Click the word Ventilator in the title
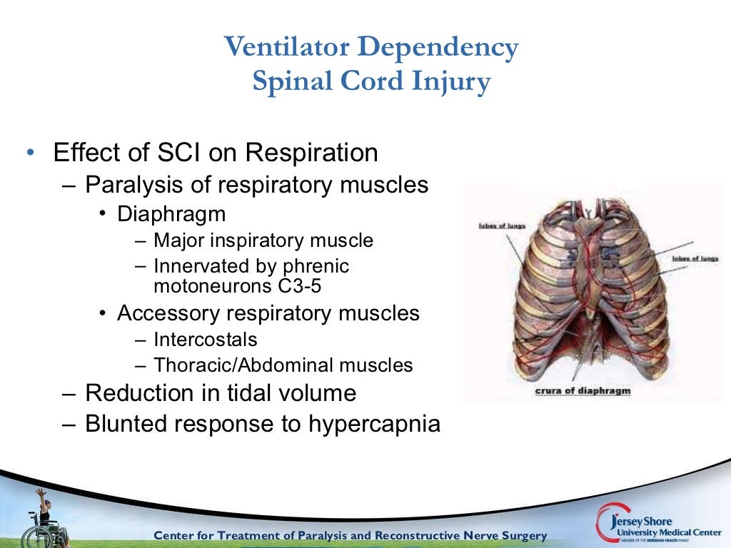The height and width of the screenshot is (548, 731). pos(287,48)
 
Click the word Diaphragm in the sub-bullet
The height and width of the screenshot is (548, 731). pos(171,214)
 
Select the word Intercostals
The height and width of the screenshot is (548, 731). pos(205,340)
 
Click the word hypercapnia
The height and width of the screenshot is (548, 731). pos(374,424)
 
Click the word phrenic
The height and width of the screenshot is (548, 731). pos(316,267)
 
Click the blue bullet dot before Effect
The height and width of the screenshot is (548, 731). pos(30,153)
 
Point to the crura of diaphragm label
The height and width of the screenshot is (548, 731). pos(583,391)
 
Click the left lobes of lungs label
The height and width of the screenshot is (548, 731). pos(501,226)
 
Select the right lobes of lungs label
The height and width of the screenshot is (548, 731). pos(695,258)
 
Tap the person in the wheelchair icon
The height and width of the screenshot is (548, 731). pos(44,517)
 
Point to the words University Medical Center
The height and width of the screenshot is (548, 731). pos(663,531)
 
